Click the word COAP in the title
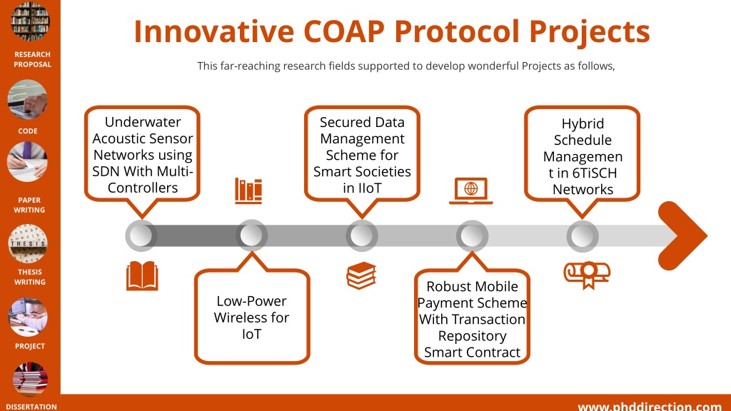point(343,31)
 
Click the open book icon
point(142,276)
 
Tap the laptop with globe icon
point(471,191)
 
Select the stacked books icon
point(361,275)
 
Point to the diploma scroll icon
point(587,275)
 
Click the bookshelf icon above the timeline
point(248,191)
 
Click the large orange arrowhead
point(682,235)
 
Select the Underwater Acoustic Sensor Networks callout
point(142,154)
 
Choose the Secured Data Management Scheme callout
point(362,154)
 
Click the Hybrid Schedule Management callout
point(583,154)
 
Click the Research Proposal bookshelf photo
point(30,21)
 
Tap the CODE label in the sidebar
point(28,131)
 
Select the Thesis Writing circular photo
point(28,244)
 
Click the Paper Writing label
point(29,205)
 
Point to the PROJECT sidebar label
point(30,346)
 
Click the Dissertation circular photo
point(30,380)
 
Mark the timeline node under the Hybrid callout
point(583,235)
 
